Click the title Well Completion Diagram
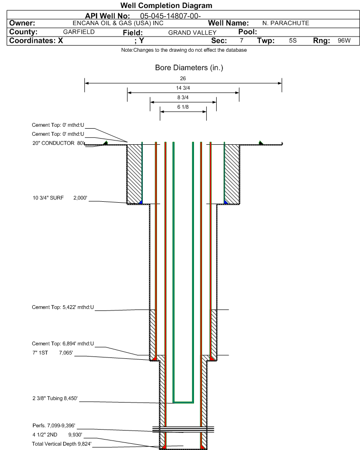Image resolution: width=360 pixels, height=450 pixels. click(166, 6)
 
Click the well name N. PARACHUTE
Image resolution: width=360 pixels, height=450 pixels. click(286, 23)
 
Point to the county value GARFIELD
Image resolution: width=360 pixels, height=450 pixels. click(79, 32)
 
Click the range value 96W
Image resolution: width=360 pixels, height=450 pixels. click(344, 41)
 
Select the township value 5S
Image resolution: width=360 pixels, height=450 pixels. click(293, 41)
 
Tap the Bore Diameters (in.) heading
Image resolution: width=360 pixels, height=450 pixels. click(189, 68)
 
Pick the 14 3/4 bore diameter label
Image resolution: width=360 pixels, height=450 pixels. click(183, 88)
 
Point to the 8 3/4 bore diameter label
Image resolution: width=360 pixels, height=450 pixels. click(183, 98)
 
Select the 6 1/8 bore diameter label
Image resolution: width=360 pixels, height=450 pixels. click(183, 107)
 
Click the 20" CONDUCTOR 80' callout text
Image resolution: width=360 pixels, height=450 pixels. click(58, 143)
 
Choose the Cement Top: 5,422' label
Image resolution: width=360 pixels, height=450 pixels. click(63, 307)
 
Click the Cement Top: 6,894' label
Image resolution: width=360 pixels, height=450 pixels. click(63, 343)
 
